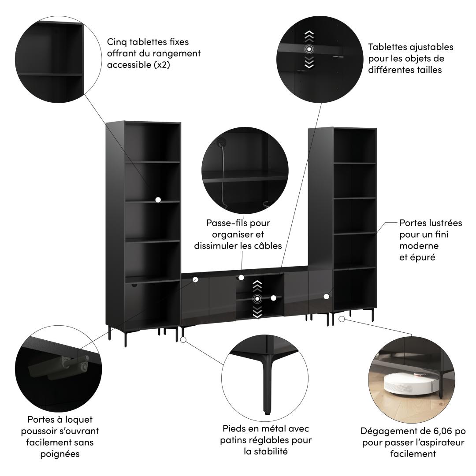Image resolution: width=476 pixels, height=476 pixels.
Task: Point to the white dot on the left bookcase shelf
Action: tap(158, 200)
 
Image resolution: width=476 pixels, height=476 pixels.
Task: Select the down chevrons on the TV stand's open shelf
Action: tap(257, 312)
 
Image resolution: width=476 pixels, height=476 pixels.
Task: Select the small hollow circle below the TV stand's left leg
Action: tap(184, 339)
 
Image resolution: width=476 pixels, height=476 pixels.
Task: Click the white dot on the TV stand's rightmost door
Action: tap(326, 297)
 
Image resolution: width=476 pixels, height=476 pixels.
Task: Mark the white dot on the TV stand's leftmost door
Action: tap(195, 279)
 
